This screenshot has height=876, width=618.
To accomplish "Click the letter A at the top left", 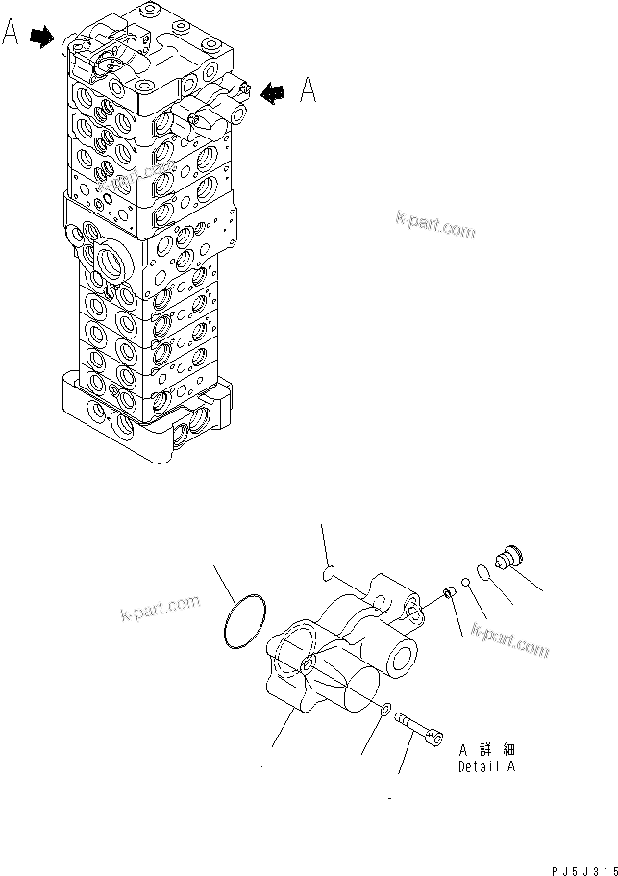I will click(12, 37).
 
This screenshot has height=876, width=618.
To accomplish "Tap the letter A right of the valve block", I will click(308, 89).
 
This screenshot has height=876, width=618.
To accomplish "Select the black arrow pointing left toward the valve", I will click(275, 91).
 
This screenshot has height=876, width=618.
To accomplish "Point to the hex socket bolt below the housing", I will click(420, 728).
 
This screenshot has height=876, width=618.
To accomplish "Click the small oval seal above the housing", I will click(329, 574).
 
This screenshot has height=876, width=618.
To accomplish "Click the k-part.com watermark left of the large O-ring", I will click(160, 609).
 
